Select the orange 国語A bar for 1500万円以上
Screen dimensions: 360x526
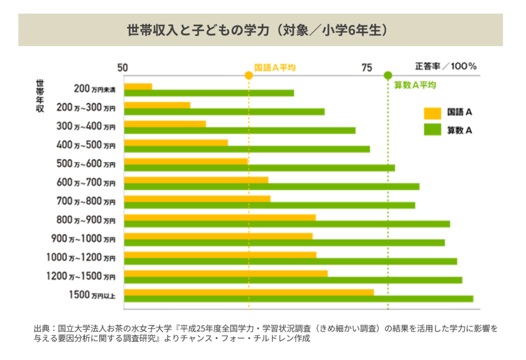[x=249, y=292]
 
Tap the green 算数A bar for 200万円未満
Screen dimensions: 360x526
[x=209, y=93]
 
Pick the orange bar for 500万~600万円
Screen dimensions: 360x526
[x=186, y=161]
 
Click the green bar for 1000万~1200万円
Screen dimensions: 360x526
[x=291, y=261]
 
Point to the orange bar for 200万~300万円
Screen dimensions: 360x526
[x=157, y=105]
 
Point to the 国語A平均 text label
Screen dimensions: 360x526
[x=275, y=67]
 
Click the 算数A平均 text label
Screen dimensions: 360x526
[x=415, y=85]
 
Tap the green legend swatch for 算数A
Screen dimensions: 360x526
[x=433, y=130]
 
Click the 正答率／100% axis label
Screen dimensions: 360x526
[x=446, y=66]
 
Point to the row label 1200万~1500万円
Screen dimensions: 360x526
[x=81, y=277]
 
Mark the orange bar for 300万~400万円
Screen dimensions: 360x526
[x=165, y=124]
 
